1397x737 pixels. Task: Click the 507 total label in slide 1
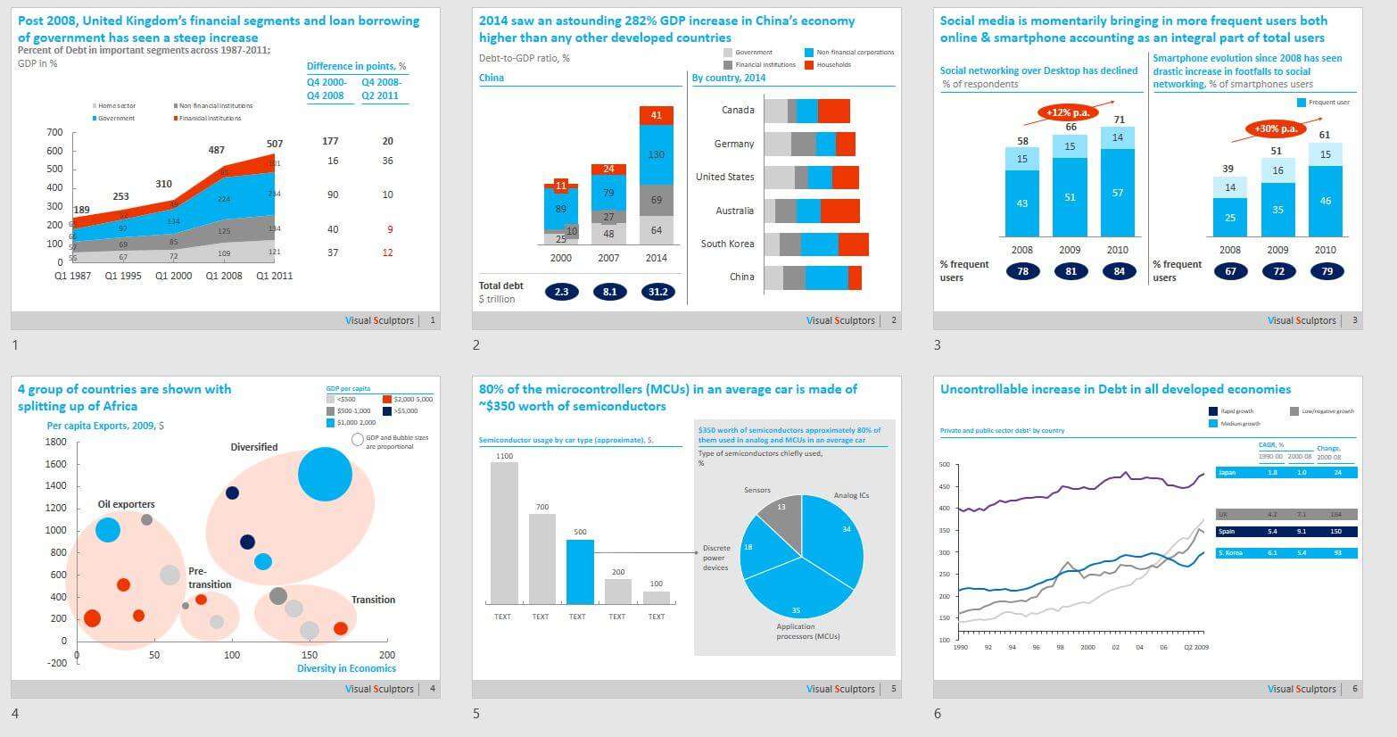click(x=275, y=144)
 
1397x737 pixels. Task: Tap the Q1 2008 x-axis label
click(x=224, y=276)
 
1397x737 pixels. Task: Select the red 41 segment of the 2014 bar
click(x=657, y=115)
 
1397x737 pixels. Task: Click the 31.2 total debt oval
click(x=658, y=292)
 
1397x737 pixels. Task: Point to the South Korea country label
click(x=727, y=244)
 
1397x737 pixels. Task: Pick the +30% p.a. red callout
click(x=1275, y=129)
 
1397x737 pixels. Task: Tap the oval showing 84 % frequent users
click(x=1119, y=271)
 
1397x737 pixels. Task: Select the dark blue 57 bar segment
click(x=1118, y=193)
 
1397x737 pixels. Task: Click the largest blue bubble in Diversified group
click(x=325, y=474)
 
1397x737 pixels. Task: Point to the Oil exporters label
click(x=126, y=504)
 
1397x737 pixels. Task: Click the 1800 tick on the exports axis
click(x=55, y=443)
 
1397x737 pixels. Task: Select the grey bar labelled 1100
click(x=504, y=533)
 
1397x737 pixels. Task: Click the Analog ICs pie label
click(x=851, y=495)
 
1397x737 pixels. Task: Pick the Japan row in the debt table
click(x=1285, y=472)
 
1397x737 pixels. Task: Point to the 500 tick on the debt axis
click(x=945, y=465)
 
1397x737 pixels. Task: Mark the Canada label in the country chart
click(x=738, y=111)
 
